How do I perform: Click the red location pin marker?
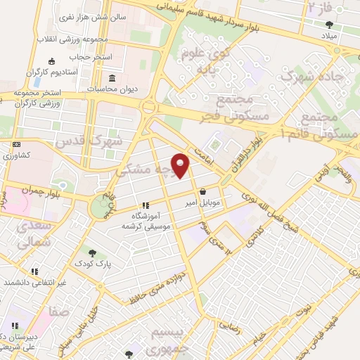pyautogui.click(x=181, y=166)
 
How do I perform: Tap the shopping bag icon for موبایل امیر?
pyautogui.click(x=203, y=191)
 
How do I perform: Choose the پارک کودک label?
pyautogui.click(x=92, y=265)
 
